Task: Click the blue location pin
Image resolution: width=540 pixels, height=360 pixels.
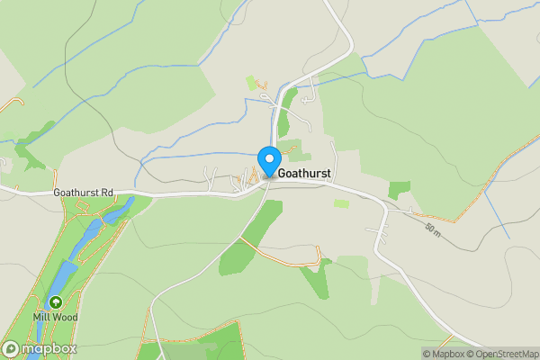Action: (269, 162)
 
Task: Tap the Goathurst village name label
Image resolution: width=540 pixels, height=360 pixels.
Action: (308, 172)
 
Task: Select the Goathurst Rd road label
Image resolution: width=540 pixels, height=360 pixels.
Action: (83, 192)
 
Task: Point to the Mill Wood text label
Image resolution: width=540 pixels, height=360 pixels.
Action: (57, 317)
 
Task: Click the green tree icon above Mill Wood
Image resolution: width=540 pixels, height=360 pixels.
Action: (56, 303)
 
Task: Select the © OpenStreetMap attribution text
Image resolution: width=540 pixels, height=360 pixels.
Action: (501, 354)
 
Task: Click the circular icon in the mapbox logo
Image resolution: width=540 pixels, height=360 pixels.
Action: (12, 348)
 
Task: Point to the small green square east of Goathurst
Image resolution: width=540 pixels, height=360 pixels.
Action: (398, 190)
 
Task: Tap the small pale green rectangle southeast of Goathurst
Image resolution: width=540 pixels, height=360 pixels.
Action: (341, 203)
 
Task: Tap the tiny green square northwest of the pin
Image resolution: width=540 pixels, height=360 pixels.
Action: (253, 85)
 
